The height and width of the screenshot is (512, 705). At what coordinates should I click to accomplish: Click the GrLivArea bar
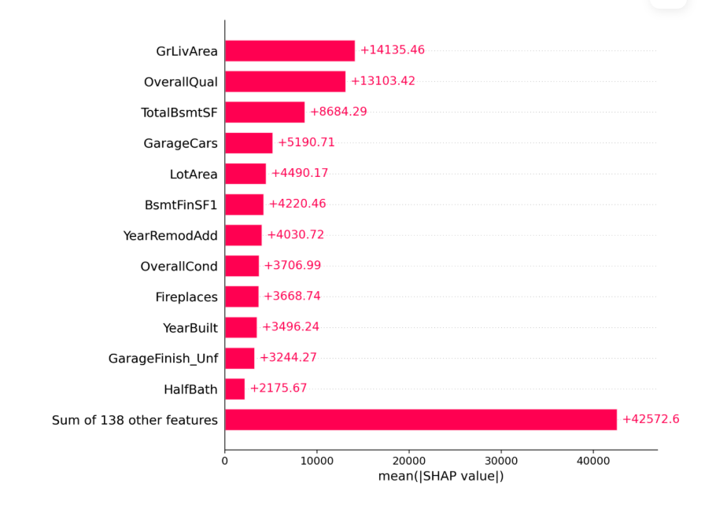(290, 50)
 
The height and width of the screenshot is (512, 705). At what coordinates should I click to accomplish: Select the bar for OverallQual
(285, 81)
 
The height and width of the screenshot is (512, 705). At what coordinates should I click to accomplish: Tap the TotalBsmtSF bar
(264, 112)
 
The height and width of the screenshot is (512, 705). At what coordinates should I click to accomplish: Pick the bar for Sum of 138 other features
(420, 419)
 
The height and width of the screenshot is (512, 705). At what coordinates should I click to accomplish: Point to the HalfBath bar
(234, 389)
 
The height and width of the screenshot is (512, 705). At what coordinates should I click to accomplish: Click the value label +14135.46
(392, 50)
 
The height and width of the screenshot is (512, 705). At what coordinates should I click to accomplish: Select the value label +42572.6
(650, 419)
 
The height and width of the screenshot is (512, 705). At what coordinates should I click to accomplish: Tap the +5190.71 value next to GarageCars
(306, 142)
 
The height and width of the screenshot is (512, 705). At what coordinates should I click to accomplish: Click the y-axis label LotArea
(194, 174)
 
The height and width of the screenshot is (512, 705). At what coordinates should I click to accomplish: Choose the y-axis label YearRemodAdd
(170, 235)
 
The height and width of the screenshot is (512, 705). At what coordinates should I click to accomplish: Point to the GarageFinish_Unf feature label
(163, 359)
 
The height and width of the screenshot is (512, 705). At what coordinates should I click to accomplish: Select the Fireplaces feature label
(186, 297)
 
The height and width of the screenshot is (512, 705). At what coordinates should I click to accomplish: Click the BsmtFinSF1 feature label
(181, 204)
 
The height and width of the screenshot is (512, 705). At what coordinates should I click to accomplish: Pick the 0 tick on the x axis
(225, 462)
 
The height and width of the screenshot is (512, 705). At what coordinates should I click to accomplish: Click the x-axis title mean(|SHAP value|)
(441, 477)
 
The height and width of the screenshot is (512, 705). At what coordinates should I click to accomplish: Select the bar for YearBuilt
(241, 327)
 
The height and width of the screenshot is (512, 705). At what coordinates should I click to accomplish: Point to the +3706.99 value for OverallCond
(292, 266)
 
